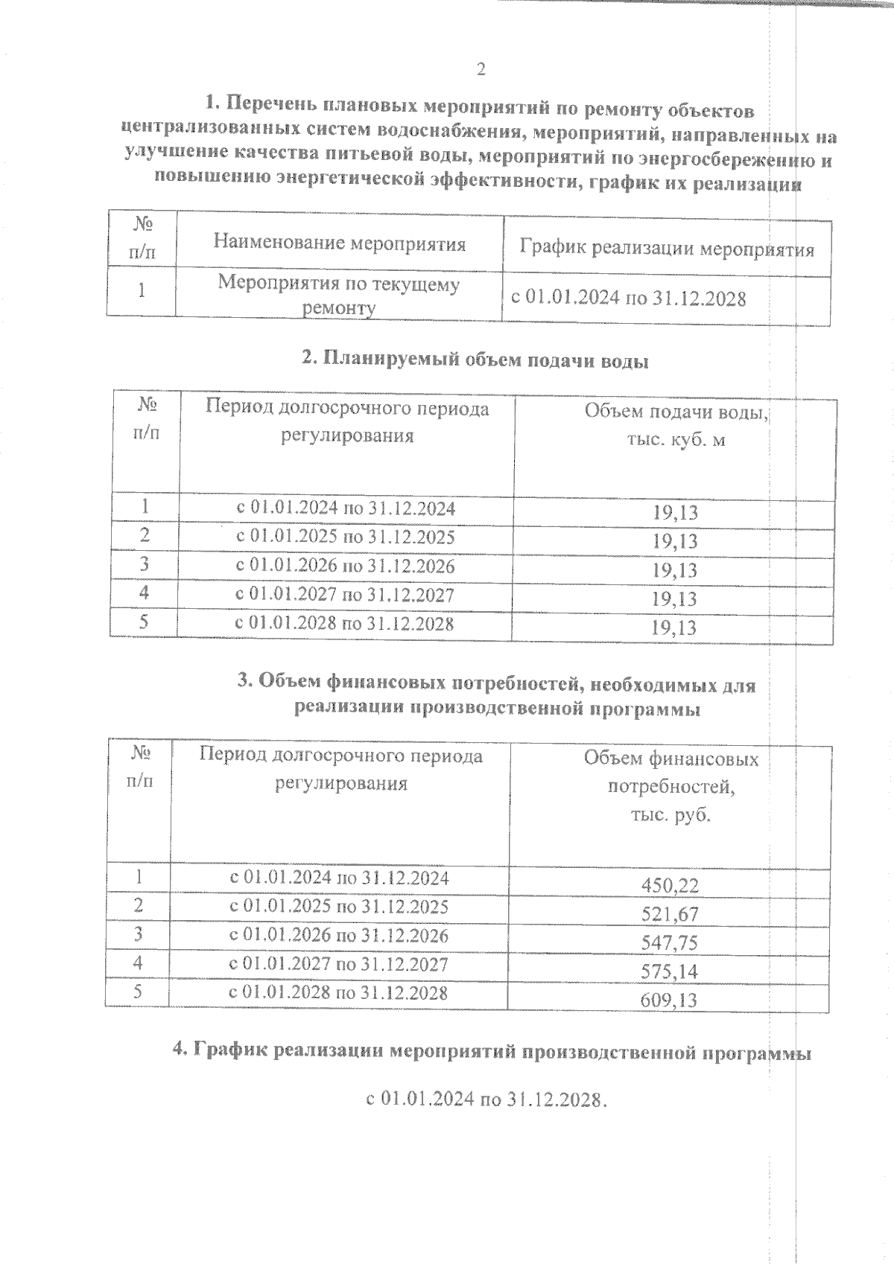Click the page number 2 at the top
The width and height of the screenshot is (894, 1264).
(481, 69)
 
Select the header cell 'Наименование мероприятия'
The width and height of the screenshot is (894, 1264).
(340, 243)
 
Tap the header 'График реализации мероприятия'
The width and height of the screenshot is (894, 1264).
(666, 248)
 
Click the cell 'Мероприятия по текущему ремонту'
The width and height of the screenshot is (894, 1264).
(339, 296)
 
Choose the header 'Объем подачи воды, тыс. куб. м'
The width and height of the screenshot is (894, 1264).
(675, 425)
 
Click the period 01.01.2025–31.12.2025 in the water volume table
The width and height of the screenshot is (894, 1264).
(345, 537)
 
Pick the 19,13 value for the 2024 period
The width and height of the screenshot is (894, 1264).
(675, 512)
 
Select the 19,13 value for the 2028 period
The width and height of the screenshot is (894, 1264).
(675, 628)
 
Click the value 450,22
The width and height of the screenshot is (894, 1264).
(670, 885)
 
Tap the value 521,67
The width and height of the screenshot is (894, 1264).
(670, 913)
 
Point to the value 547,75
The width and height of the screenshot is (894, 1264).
(670, 942)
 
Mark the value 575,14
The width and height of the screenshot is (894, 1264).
(670, 971)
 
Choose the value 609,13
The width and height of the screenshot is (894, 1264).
(670, 1000)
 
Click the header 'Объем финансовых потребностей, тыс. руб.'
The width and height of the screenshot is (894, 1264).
(670, 786)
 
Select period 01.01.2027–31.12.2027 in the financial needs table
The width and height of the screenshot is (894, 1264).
(339, 965)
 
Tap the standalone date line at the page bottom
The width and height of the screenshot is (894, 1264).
(484, 1099)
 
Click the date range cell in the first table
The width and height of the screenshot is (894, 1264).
(629, 299)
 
